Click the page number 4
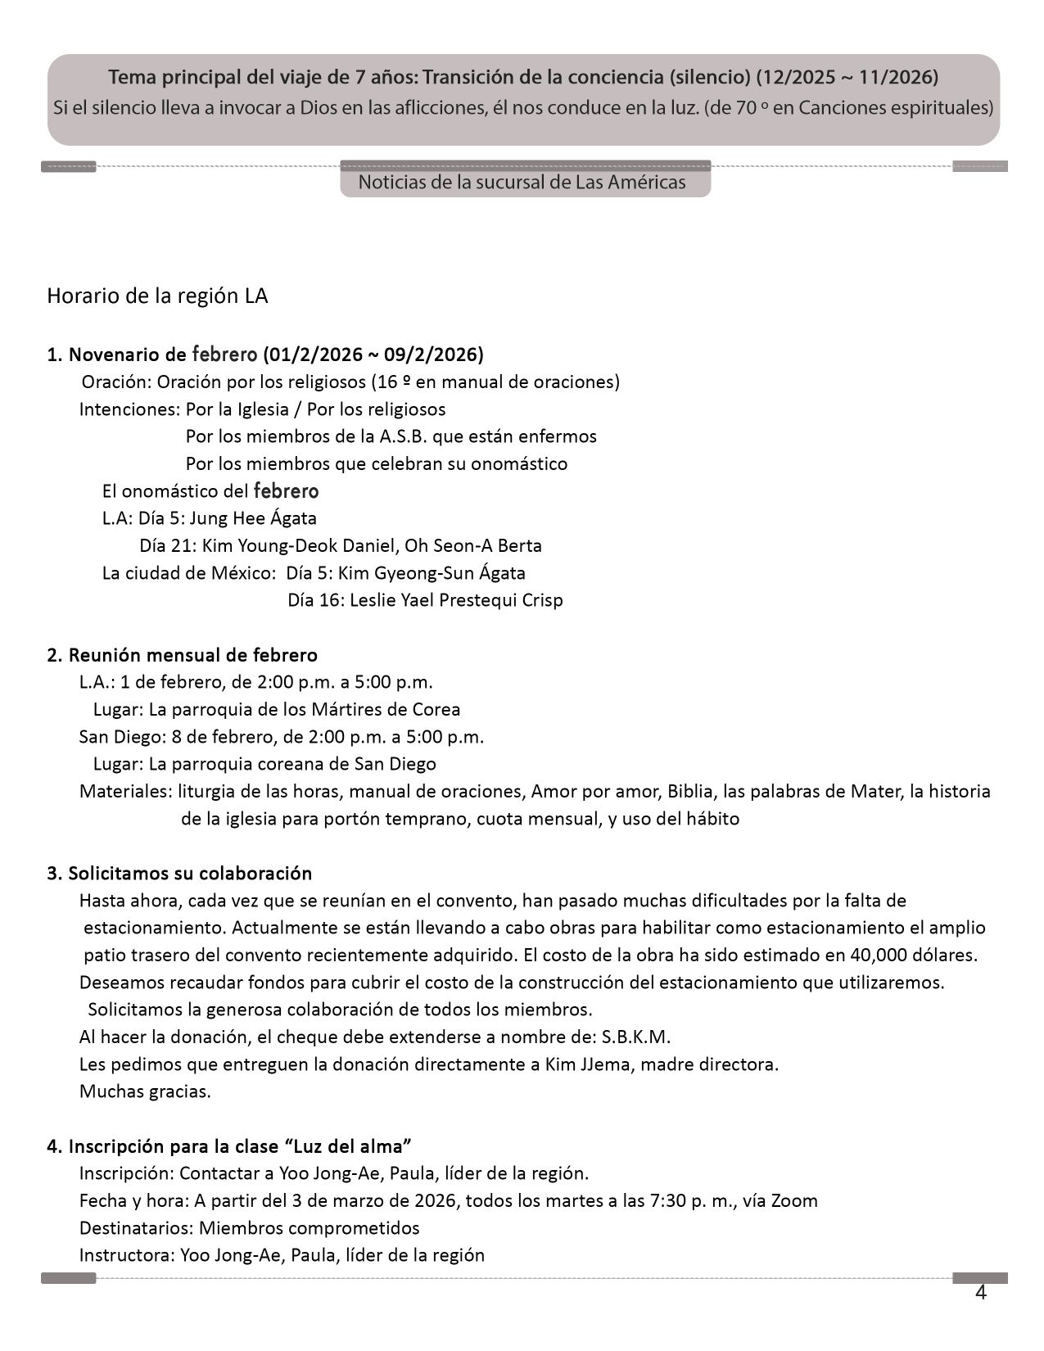pyautogui.click(x=980, y=1293)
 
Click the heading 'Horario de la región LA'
pyautogui.click(x=157, y=296)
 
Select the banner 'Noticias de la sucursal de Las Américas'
pyautogui.click(x=522, y=182)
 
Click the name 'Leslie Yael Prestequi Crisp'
pyautogui.click(x=456, y=600)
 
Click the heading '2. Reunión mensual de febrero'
pyautogui.click(x=182, y=655)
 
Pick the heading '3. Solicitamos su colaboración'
pyautogui.click(x=179, y=873)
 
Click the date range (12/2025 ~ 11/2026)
pyautogui.click(x=847, y=77)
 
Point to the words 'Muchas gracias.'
pyautogui.click(x=145, y=1091)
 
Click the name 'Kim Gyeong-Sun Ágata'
pyautogui.click(x=432, y=573)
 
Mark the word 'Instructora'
pyautogui.click(x=124, y=1255)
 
